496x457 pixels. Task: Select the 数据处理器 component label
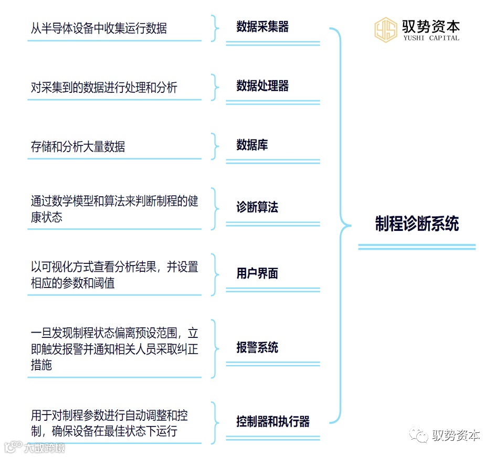point(262,86)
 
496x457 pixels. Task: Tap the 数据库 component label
point(252,145)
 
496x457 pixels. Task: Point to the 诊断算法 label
point(257,207)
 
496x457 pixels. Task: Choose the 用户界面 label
point(257,273)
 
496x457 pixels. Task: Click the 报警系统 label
point(257,347)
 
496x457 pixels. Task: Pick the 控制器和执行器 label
point(273,421)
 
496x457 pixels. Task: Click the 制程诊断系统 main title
point(417,224)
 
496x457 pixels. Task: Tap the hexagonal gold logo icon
point(386,30)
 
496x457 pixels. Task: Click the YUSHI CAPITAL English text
point(432,38)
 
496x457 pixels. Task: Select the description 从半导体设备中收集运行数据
point(99,28)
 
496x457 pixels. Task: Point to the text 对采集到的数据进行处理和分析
point(104,88)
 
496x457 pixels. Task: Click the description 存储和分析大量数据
point(78,147)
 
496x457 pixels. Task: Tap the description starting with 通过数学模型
point(114,209)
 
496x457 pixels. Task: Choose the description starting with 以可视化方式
point(114,275)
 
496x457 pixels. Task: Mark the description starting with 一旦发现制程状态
point(114,349)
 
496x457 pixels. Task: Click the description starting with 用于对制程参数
point(109,423)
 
